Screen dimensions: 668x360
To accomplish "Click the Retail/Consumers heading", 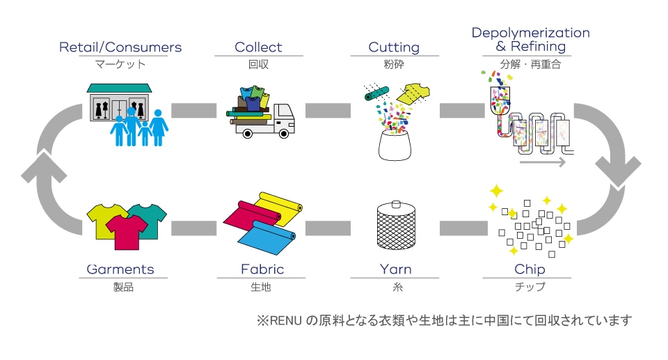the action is click(x=120, y=47).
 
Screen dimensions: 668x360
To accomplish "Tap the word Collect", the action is click(x=258, y=47).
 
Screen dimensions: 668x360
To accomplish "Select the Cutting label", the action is click(x=394, y=47).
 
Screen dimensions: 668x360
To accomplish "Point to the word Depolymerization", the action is click(x=530, y=33).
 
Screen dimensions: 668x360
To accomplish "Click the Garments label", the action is click(x=120, y=269).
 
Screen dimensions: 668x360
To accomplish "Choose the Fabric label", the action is click(x=262, y=269).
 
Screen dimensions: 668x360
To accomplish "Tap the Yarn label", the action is click(x=396, y=269).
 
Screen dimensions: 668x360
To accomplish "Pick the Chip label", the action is click(x=530, y=269).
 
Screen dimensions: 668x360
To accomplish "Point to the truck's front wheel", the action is click(x=284, y=134).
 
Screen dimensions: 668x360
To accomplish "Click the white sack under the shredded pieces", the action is click(x=395, y=146).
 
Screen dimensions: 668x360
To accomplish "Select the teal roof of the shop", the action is click(x=119, y=88).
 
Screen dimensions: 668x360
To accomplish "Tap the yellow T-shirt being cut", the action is click(x=413, y=93).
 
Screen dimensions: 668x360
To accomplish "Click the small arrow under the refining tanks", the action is click(x=542, y=162).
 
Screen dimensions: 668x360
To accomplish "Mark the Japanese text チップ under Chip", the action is click(x=530, y=286).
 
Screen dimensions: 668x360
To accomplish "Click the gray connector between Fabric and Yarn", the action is click(x=328, y=228).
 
